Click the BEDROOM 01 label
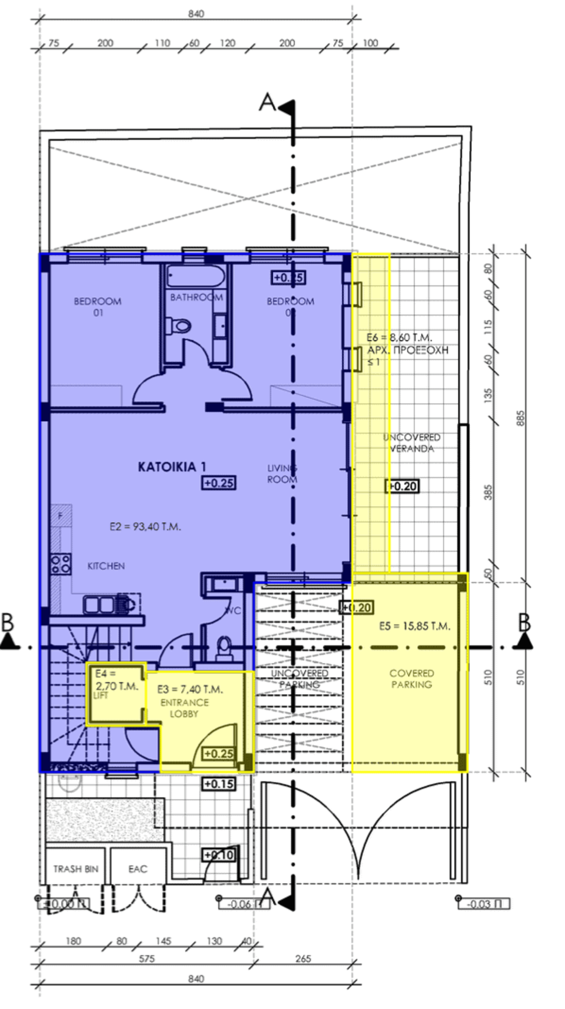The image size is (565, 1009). [x=98, y=307]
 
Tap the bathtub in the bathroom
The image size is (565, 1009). [x=195, y=276]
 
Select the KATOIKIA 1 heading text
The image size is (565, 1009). [x=172, y=467]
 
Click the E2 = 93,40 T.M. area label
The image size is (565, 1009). [x=145, y=527]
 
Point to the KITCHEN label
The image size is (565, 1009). [x=106, y=566]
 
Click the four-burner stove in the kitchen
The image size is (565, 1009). [x=61, y=564]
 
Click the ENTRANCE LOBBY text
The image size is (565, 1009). [x=184, y=708]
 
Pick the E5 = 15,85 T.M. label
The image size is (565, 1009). [x=414, y=626]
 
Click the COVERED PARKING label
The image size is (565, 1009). [x=411, y=678]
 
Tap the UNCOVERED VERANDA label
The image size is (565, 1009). [x=412, y=442]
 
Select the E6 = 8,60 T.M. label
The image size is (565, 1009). [x=399, y=338]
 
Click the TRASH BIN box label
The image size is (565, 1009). [x=75, y=869]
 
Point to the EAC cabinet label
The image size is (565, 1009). [x=138, y=869]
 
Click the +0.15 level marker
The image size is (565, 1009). [x=218, y=784]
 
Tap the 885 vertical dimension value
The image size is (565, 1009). [x=520, y=419]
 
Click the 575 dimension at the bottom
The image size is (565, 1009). [x=147, y=958]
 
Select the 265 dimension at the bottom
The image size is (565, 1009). [x=303, y=958]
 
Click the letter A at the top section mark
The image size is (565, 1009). [x=268, y=102]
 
